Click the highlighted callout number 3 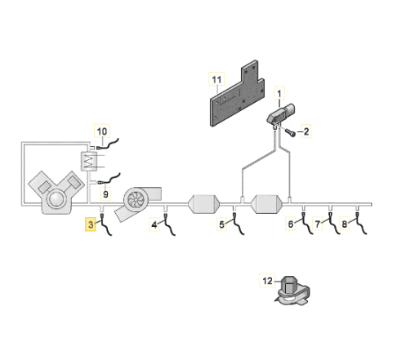pyautogui.click(x=91, y=224)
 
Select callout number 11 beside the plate pyautogui.click(x=216, y=79)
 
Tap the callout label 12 pyautogui.click(x=267, y=281)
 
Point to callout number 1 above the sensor pyautogui.click(x=279, y=94)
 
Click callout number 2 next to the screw pyautogui.click(x=306, y=131)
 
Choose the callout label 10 pyautogui.click(x=102, y=131)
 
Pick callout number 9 pyautogui.click(x=105, y=194)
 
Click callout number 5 pyautogui.click(x=221, y=224)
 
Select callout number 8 pyautogui.click(x=345, y=224)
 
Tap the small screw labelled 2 pyautogui.click(x=290, y=133)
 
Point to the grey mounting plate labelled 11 pyautogui.click(x=236, y=94)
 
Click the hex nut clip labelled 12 pyautogui.click(x=292, y=291)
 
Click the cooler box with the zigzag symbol pyautogui.click(x=89, y=162)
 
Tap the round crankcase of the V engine pyautogui.click(x=57, y=199)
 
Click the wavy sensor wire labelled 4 pyautogui.click(x=169, y=224)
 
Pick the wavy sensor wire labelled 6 pyautogui.click(x=307, y=224)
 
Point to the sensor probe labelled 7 pyautogui.click(x=334, y=223)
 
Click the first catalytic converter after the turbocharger pyautogui.click(x=203, y=204)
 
